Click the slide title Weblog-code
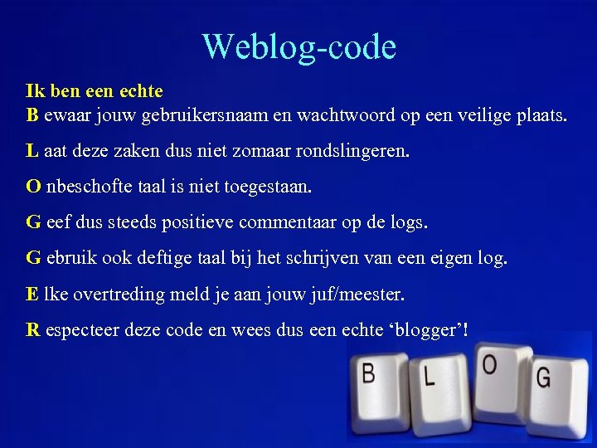[298, 46]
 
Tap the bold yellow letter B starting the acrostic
[32, 114]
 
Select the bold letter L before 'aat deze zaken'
[32, 151]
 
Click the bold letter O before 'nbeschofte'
[33, 187]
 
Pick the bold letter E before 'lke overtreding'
[32, 294]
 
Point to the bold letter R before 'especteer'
[33, 329]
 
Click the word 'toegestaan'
[269, 187]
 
